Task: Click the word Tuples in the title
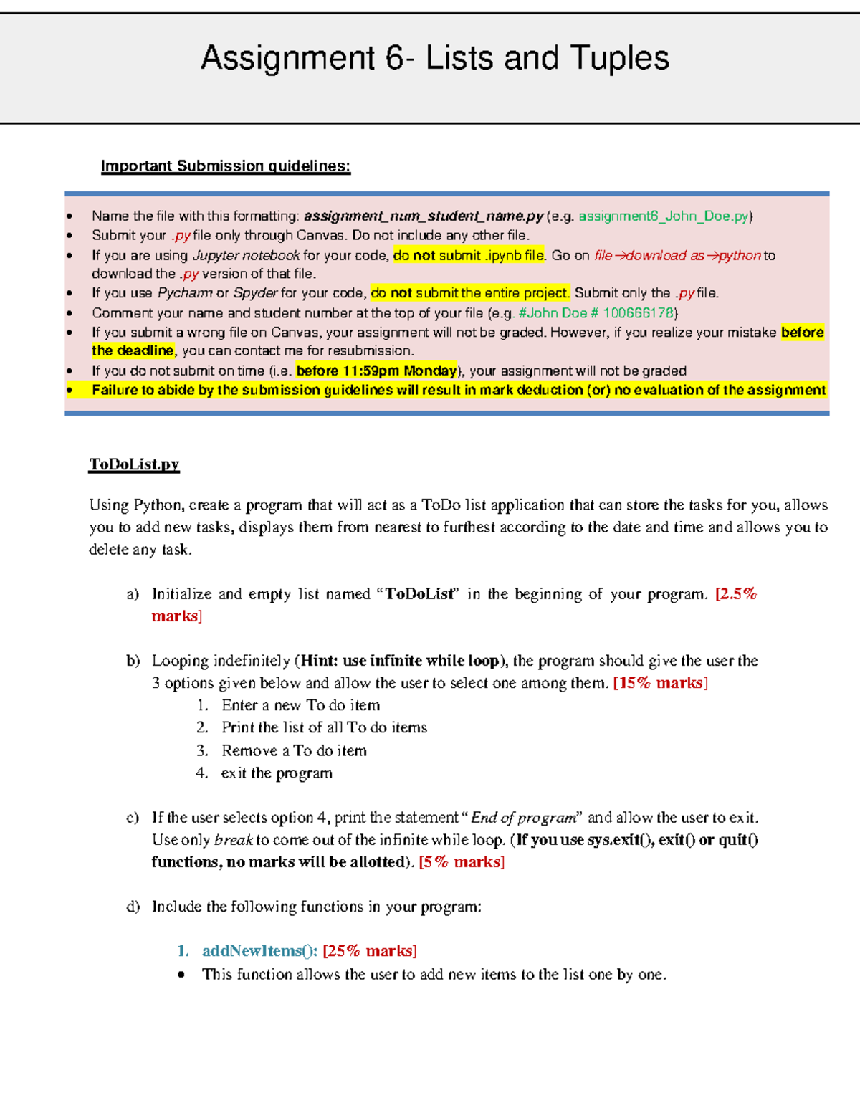(620, 58)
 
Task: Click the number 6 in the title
(395, 58)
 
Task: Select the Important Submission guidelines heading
(226, 166)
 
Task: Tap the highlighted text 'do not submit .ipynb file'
(469, 255)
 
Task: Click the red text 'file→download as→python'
(677, 255)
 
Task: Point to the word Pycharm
(185, 293)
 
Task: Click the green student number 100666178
(638, 313)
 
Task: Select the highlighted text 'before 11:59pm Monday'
(376, 371)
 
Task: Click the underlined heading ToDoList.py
(134, 464)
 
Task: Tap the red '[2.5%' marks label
(736, 594)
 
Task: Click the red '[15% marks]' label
(660, 683)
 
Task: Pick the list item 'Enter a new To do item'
(300, 705)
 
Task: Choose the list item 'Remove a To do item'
(294, 750)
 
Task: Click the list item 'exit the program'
(277, 773)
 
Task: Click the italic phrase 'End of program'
(523, 818)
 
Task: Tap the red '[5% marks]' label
(462, 862)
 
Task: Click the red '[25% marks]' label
(369, 951)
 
